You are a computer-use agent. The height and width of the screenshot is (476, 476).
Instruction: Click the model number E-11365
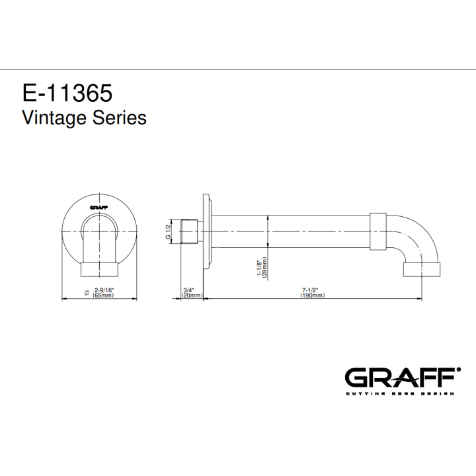(x=67, y=93)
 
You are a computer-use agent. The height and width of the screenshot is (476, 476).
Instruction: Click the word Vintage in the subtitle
(x=54, y=118)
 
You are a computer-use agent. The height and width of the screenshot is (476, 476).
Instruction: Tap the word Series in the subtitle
(x=119, y=118)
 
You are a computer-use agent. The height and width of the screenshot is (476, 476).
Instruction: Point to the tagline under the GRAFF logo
(x=400, y=394)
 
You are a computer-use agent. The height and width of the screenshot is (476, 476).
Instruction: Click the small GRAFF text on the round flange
(x=99, y=208)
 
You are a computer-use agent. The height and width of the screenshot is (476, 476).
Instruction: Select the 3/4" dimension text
(x=188, y=290)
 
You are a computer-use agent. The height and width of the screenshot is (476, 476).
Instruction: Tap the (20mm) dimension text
(x=192, y=295)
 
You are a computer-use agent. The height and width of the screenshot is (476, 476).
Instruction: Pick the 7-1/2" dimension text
(x=310, y=290)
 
